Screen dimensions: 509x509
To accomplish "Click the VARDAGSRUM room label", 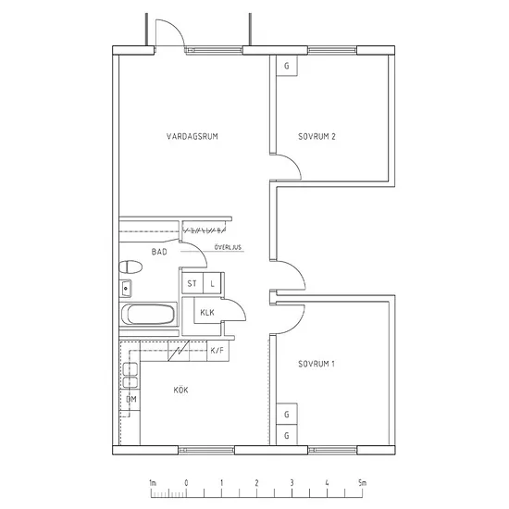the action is tap(192, 136).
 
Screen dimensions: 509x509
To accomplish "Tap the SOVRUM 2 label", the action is tap(317, 136).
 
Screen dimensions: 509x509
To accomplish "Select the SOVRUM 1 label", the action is tap(317, 364).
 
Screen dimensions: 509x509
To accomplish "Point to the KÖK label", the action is tap(180, 390).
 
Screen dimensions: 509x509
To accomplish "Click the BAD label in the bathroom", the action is tap(159, 252).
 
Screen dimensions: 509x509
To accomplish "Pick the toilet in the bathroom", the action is tap(130, 267).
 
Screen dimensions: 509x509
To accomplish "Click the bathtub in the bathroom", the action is tap(149, 315).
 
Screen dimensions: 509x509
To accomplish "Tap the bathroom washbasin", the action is tap(126, 288).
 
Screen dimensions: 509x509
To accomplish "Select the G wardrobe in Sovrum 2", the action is tap(287, 66).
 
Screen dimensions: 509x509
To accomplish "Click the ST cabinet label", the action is tap(192, 283).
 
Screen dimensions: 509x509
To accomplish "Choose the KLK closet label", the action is tap(207, 313).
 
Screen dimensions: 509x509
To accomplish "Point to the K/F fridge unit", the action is tap(217, 351).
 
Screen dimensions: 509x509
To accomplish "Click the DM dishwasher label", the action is tap(131, 399).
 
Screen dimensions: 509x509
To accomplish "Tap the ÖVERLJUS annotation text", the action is tap(228, 247).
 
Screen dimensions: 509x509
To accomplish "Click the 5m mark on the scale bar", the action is tap(362, 483).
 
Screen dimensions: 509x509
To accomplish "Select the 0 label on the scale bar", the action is tap(186, 483).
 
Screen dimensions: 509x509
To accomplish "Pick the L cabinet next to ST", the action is tap(212, 283).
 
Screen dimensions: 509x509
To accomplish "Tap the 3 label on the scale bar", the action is tap(292, 483).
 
